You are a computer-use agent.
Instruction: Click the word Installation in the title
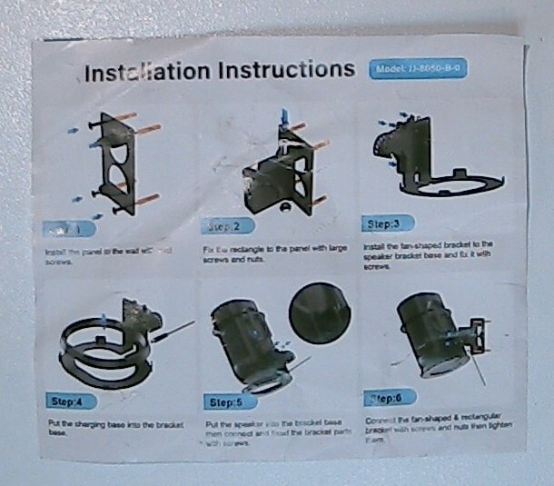tap(144, 72)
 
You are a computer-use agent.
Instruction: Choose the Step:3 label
tap(388, 223)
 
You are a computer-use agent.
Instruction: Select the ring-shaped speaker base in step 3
tap(454, 183)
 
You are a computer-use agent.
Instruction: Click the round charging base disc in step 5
tap(320, 312)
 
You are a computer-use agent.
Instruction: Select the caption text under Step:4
tap(114, 429)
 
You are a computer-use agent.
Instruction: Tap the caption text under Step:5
tap(272, 433)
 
